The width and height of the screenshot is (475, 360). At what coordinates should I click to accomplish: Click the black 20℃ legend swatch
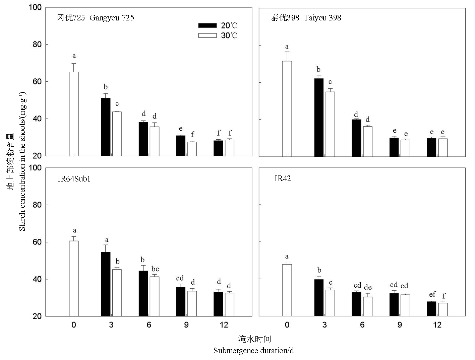[x=207, y=25]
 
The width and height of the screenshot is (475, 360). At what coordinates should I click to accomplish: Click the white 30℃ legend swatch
[x=207, y=35]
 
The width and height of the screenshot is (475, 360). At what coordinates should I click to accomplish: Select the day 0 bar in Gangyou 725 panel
[x=74, y=114]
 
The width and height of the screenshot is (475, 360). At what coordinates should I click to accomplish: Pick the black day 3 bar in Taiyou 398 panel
[x=319, y=118]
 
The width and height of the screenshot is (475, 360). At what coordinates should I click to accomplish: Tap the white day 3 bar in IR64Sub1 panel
[x=117, y=293]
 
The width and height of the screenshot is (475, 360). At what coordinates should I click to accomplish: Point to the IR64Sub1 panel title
[x=74, y=179]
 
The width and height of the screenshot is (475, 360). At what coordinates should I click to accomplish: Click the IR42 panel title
[x=283, y=178]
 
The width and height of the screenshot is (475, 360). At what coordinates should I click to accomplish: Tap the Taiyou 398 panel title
[x=306, y=18]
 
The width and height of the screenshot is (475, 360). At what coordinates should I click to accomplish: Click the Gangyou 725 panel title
[x=96, y=18]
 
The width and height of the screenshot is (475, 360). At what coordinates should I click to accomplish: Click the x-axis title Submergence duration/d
[x=253, y=351]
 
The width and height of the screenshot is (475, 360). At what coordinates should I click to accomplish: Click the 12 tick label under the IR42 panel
[x=437, y=325]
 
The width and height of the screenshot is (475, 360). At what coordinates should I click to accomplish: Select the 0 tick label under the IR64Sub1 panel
[x=74, y=325]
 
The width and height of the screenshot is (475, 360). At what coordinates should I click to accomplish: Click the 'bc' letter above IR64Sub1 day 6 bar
[x=155, y=269]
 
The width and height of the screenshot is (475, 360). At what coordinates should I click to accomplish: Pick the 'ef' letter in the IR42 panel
[x=432, y=294]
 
